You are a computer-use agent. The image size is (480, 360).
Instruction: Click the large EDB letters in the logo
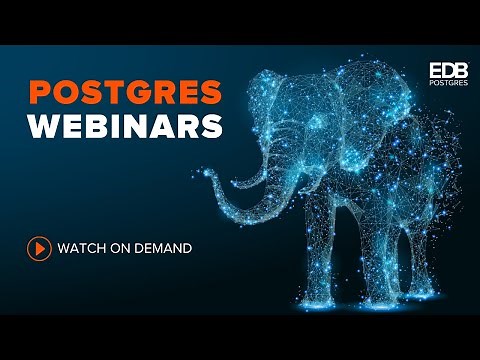pos(447,71)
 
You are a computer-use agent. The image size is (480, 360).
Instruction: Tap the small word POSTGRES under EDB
pos(447,86)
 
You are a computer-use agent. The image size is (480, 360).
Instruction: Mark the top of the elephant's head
pos(300,78)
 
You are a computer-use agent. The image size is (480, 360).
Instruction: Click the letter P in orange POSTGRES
pos(39,93)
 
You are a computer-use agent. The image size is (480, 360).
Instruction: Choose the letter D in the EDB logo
pos(447,71)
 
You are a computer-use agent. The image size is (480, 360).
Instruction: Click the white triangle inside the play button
pos(39,248)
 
